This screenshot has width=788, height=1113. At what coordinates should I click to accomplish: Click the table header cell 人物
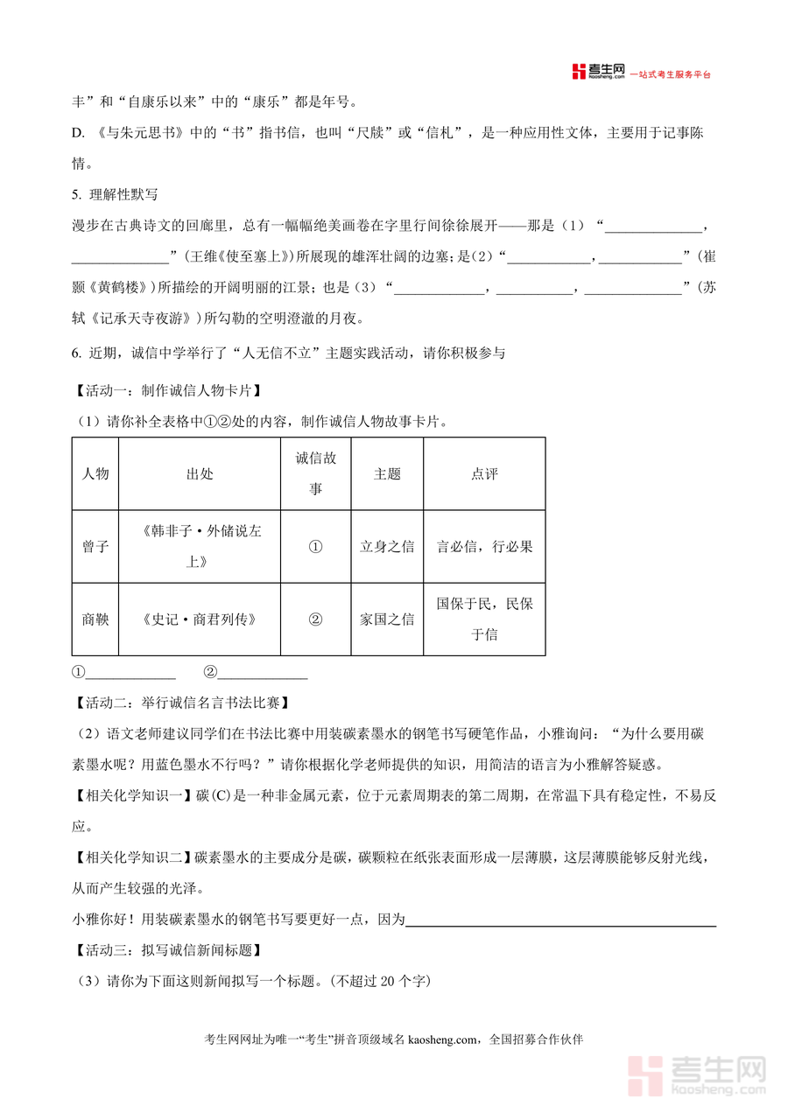click(x=95, y=473)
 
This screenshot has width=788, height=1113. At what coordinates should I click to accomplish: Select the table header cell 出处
click(x=200, y=473)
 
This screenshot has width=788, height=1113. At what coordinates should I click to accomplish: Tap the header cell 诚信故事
click(x=315, y=473)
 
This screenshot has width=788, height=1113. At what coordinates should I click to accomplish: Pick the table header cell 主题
click(x=387, y=473)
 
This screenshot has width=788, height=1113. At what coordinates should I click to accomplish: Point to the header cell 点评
click(x=484, y=473)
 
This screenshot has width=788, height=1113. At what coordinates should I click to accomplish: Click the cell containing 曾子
click(x=95, y=547)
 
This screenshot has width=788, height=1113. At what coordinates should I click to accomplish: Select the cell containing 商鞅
click(x=95, y=619)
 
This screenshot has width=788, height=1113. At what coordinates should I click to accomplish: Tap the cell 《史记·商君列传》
click(x=200, y=619)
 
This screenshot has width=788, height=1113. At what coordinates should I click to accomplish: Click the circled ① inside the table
click(x=315, y=547)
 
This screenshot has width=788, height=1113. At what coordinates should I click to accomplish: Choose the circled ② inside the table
click(x=315, y=619)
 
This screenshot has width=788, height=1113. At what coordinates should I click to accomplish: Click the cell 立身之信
click(x=387, y=547)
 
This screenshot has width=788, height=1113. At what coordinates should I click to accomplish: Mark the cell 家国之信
click(x=387, y=619)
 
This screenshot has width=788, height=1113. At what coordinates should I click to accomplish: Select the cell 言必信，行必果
click(x=484, y=547)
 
